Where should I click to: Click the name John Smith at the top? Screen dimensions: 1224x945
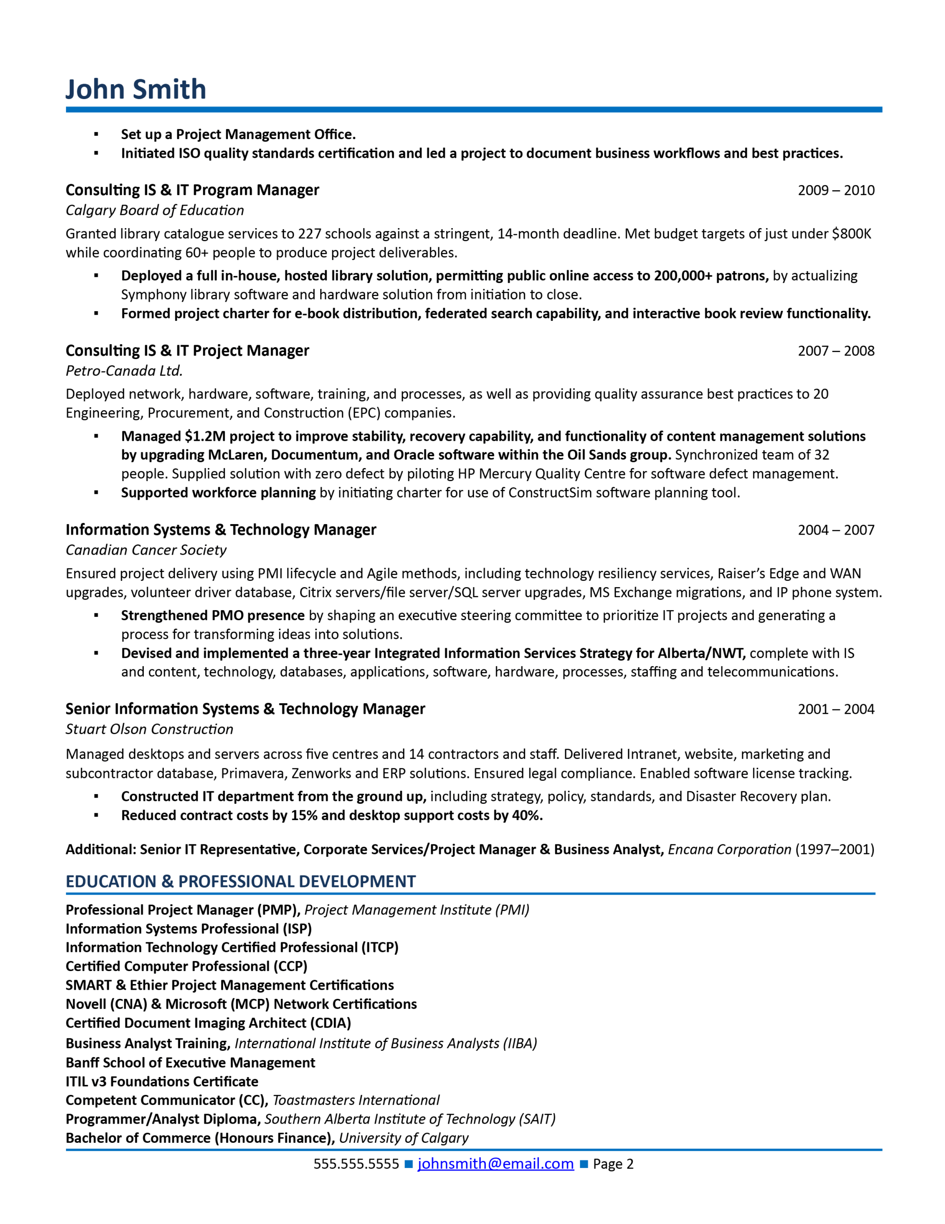tap(136, 90)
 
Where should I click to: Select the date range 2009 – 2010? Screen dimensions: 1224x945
tap(836, 191)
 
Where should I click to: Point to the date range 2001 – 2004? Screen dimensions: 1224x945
tap(836, 710)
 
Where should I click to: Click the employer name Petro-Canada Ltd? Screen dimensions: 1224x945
tap(124, 371)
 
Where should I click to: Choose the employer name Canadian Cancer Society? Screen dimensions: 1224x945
tap(146, 550)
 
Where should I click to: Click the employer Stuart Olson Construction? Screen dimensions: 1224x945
tap(149, 730)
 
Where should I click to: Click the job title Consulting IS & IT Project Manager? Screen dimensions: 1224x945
tap(187, 351)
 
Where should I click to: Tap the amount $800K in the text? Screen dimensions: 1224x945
tap(851, 234)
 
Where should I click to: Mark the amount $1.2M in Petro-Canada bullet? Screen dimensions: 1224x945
tap(205, 437)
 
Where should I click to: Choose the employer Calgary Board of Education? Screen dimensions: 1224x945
tap(155, 211)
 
